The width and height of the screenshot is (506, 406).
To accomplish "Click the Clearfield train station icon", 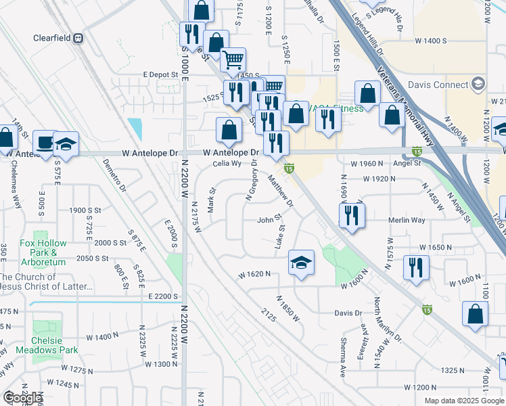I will pos(78,39).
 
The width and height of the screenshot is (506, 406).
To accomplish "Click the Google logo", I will pos(22,398).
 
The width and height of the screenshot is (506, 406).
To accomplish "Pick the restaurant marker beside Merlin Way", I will pos(352,215).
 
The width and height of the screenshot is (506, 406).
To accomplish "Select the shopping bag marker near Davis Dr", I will pos(475,314).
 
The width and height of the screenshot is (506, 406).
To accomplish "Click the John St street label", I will pos(269,220).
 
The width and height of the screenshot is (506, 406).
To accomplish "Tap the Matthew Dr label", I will pos(280,191).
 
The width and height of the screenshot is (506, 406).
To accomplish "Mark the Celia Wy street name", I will pos(227,163).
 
